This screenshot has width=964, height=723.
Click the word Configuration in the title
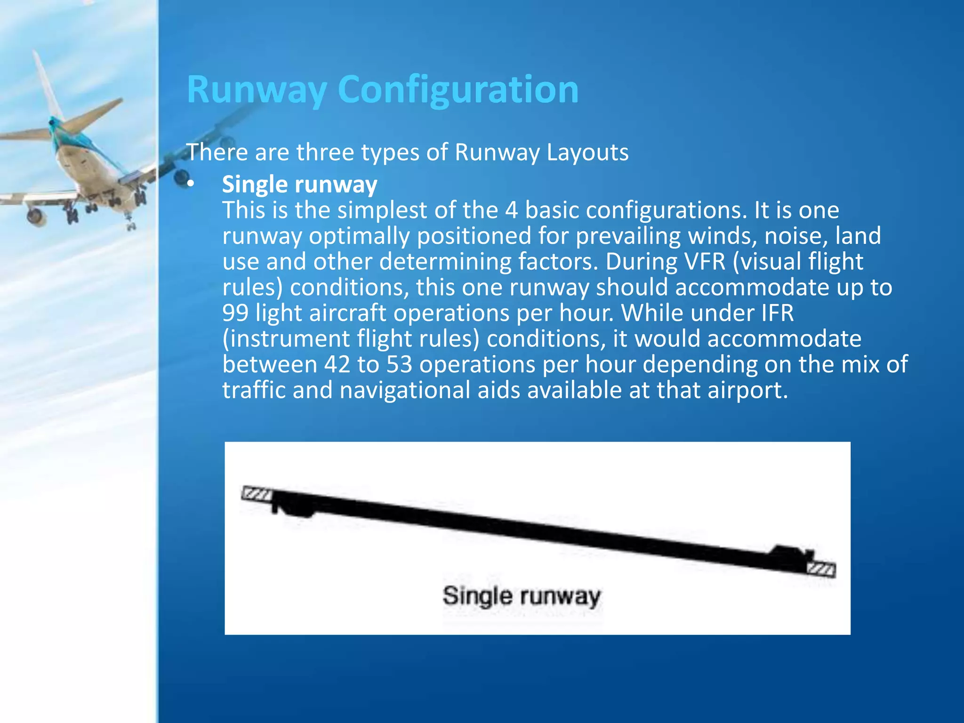(x=458, y=89)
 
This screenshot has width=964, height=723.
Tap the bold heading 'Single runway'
(x=299, y=185)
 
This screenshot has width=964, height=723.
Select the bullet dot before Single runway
(x=190, y=185)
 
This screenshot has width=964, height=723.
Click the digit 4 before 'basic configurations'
(x=512, y=210)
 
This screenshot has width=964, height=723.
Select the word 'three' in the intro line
(x=324, y=153)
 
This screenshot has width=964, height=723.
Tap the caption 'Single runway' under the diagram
(x=521, y=596)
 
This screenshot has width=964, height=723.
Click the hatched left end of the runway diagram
(x=257, y=494)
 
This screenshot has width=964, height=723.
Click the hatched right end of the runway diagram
(x=821, y=569)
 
